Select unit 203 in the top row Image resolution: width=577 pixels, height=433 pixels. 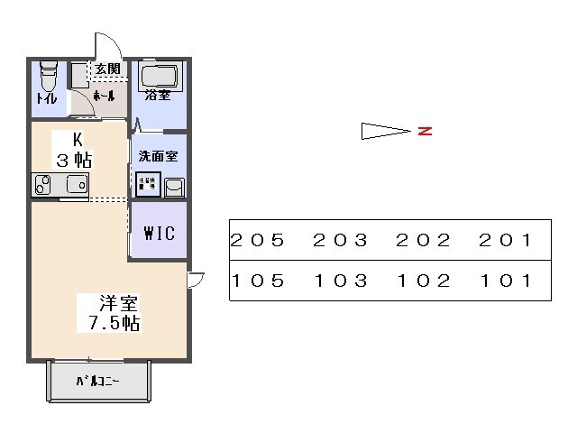click(x=341, y=241)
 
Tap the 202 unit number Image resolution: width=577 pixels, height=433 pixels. click(x=424, y=241)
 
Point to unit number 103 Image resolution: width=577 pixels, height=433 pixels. click(x=341, y=281)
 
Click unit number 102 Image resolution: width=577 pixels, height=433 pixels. click(x=424, y=281)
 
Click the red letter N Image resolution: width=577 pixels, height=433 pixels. click(x=425, y=132)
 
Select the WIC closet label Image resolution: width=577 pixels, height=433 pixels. click(x=160, y=232)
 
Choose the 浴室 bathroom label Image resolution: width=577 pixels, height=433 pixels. click(x=158, y=95)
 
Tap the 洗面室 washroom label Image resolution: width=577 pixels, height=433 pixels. click(x=158, y=156)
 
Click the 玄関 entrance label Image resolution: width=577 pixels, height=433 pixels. click(x=108, y=69)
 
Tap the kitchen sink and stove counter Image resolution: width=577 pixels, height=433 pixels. click(x=60, y=185)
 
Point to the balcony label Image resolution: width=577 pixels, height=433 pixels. click(x=97, y=381)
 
